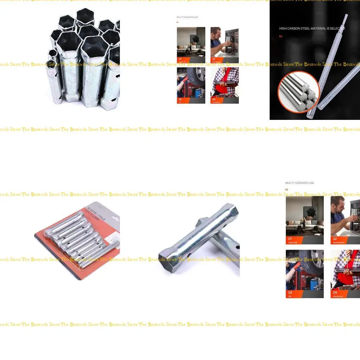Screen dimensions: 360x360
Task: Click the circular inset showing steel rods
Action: point(298,92)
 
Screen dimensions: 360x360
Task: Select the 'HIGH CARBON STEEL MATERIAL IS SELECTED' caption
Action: point(312,28)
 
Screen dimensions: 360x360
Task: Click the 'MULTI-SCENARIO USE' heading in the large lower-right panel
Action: point(300,183)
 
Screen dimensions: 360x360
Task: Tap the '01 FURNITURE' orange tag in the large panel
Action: point(294,240)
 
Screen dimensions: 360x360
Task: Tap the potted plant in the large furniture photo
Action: point(311,213)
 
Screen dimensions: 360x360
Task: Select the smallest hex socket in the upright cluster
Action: point(53,54)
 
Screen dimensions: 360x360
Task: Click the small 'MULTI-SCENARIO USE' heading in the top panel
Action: point(187,17)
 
